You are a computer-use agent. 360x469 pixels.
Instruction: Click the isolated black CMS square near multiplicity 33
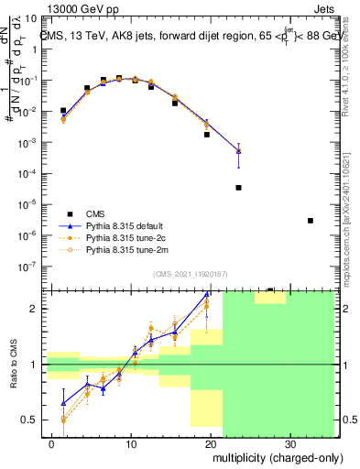click(x=311, y=221)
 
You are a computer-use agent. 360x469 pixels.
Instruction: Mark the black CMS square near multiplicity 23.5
click(x=238, y=188)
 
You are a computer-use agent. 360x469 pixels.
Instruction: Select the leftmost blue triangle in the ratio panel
click(x=63, y=402)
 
